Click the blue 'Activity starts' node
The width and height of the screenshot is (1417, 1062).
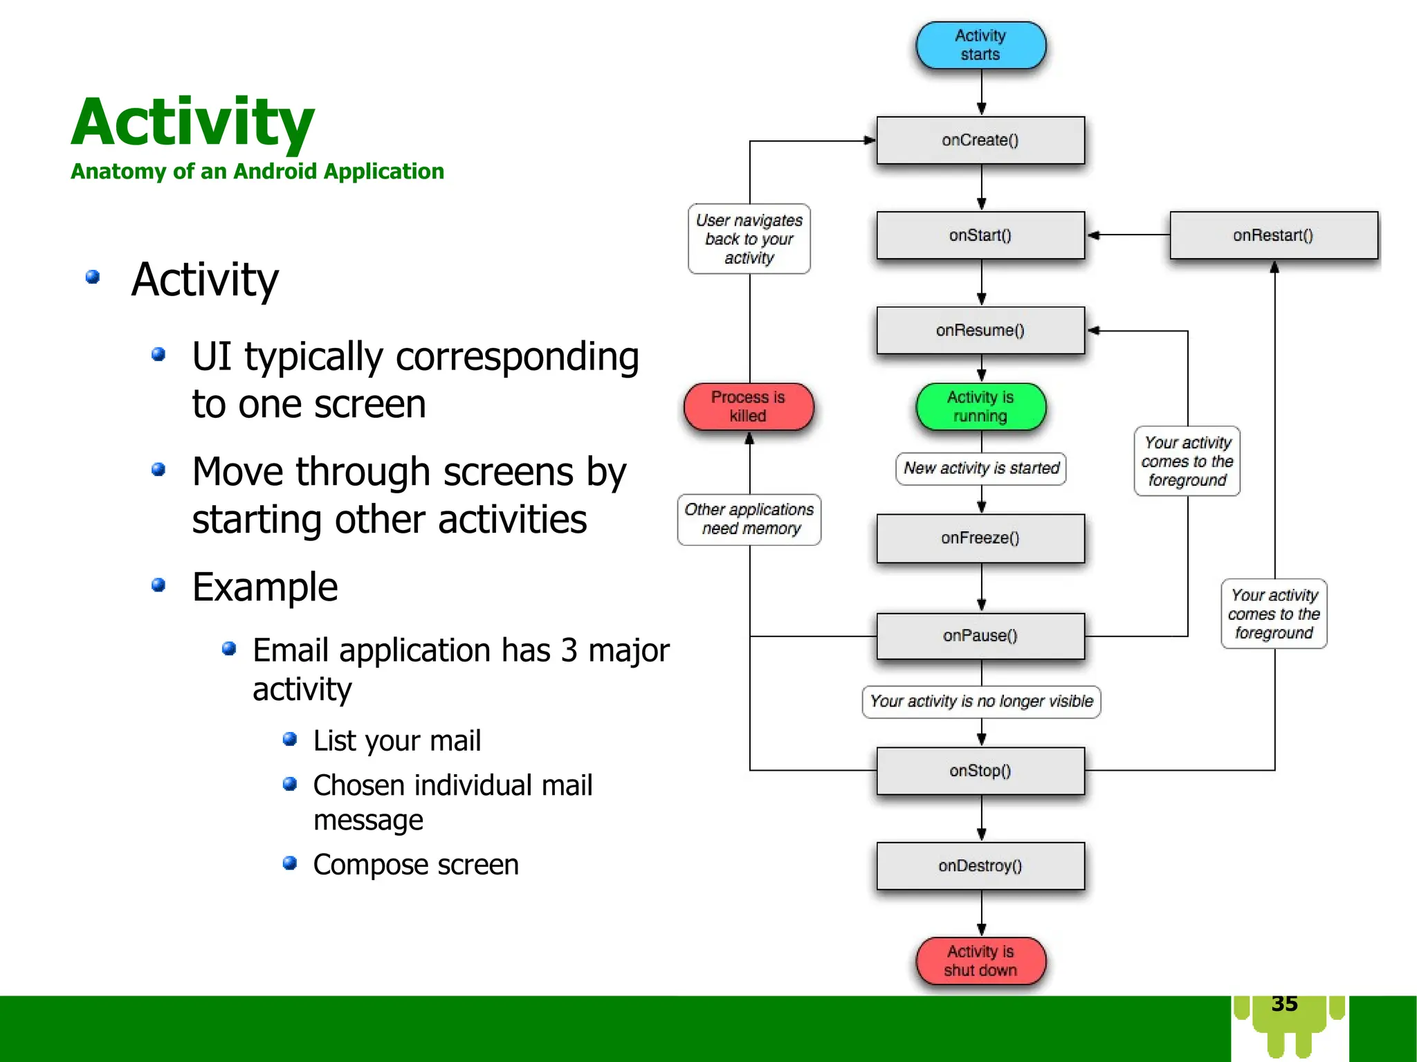click(980, 45)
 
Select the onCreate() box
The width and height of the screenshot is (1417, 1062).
click(980, 140)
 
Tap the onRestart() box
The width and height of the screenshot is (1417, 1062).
click(1273, 235)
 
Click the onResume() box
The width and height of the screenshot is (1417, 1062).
click(980, 330)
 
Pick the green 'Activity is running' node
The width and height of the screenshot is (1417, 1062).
click(980, 407)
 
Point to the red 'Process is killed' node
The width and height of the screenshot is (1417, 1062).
click(748, 407)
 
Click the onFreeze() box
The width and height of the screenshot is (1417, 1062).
click(980, 538)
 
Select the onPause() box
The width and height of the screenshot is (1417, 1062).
click(980, 635)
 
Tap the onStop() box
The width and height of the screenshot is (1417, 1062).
click(980, 770)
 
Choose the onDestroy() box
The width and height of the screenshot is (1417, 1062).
click(980, 866)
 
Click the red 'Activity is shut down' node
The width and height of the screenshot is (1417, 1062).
click(980, 961)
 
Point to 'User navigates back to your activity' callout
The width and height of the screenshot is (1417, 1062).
click(749, 239)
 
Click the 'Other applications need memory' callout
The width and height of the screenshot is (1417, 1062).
click(749, 519)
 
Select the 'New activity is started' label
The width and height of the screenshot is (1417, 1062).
click(981, 468)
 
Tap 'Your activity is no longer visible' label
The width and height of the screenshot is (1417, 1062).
click(981, 702)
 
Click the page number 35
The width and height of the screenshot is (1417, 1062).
click(1284, 1004)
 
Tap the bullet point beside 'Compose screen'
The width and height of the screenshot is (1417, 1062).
click(290, 863)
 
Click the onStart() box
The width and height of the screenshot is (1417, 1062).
click(980, 235)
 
